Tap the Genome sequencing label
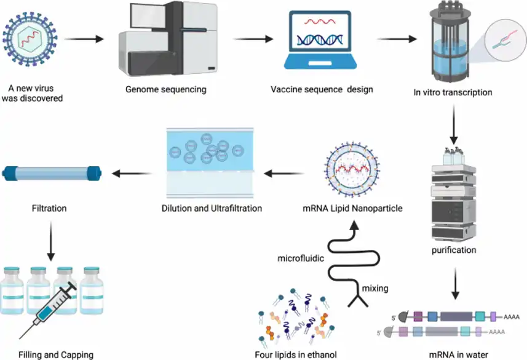(x=166, y=90)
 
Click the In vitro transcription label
(x=453, y=93)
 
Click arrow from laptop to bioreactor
(x=397, y=41)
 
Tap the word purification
(x=453, y=250)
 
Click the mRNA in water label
(x=453, y=354)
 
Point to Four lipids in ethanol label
(x=296, y=354)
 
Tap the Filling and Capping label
(x=56, y=354)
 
